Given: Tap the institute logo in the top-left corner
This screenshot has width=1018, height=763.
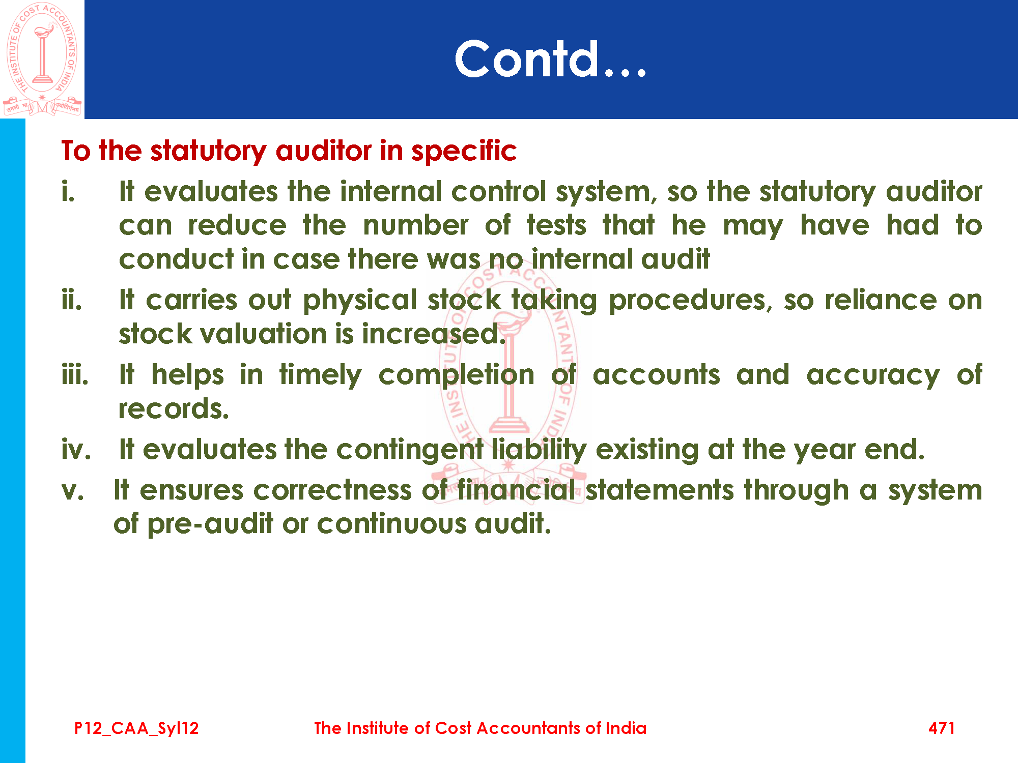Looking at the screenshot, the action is pos(42,59).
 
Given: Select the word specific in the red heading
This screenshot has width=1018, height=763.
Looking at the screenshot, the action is pos(464,152).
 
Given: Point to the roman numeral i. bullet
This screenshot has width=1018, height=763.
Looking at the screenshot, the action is pos(68,191).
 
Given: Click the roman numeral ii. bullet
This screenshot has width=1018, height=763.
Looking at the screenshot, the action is pos(72,300).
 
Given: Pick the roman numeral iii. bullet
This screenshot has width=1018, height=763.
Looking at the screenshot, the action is pos(75,374).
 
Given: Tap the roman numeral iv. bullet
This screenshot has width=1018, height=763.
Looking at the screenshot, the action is pos(76,449).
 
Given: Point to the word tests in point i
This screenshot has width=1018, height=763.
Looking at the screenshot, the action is pos(556,225).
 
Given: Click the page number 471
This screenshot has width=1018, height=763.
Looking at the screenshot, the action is pos(942,728).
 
